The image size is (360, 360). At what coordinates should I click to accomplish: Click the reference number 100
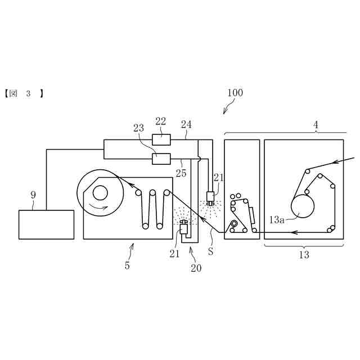coord(235,93)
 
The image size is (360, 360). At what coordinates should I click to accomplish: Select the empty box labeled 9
coord(46,224)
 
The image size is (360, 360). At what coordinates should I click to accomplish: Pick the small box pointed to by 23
coord(161,159)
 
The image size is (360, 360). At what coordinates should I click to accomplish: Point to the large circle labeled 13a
coord(303,206)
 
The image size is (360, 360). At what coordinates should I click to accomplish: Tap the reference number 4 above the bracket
coord(316,125)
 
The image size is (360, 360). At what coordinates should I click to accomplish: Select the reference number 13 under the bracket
coord(304,255)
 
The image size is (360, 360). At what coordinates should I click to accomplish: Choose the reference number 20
coord(196,268)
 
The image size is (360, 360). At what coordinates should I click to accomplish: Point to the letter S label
coord(210,252)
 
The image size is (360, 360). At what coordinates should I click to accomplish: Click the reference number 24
coord(186,124)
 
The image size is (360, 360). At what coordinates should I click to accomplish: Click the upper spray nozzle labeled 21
coord(210,197)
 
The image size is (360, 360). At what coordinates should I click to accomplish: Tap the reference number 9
coord(33,195)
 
